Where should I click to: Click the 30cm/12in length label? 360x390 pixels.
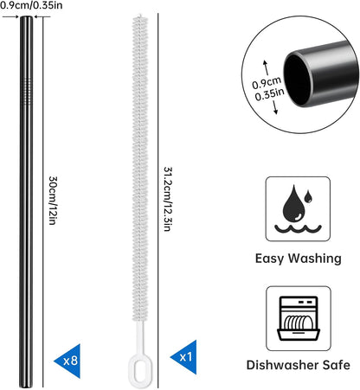[x=53, y=201]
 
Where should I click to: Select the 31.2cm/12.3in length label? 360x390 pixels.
[x=168, y=199]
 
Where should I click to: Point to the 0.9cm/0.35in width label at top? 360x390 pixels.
[x=31, y=5]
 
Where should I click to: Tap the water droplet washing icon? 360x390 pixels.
[x=298, y=209]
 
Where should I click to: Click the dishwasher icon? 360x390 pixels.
[x=299, y=318]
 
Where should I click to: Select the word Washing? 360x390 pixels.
[x=315, y=259]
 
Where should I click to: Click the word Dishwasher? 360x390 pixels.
[x=282, y=365]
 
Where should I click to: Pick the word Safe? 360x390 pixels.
[x=337, y=365]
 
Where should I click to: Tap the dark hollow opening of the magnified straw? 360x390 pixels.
[x=297, y=80]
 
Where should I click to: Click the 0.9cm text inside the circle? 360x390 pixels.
[x=267, y=83]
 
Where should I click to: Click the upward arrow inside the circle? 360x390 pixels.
[x=267, y=67]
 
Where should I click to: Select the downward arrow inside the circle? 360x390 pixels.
[x=274, y=107]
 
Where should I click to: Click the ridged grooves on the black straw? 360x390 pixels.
[x=27, y=91]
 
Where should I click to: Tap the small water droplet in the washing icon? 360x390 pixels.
[x=308, y=196]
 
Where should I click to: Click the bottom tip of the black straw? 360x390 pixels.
[x=26, y=387]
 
